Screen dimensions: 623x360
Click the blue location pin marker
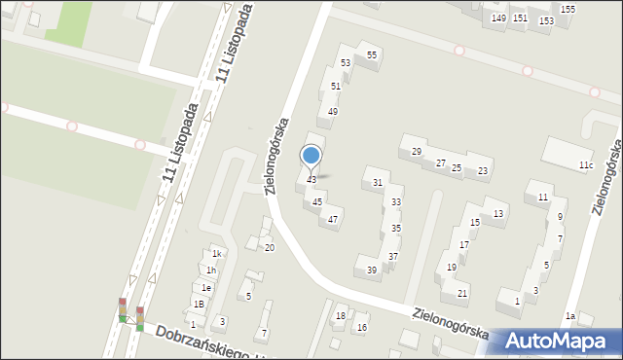311,157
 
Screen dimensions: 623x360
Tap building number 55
372,55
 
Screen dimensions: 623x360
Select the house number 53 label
346,63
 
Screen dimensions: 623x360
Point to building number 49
333,112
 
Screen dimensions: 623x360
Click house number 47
333,219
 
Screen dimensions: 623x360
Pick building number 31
377,183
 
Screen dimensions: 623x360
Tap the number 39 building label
372,270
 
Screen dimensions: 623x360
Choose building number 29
416,151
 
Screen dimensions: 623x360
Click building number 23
483,171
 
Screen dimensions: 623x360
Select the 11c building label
585,165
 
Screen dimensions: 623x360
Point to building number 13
498,213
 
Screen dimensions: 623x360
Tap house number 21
462,293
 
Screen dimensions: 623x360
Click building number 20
270,247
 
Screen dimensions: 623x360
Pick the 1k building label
219,254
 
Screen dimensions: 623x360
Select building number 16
362,327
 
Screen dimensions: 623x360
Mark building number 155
568,9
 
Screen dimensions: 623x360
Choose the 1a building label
571,316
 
